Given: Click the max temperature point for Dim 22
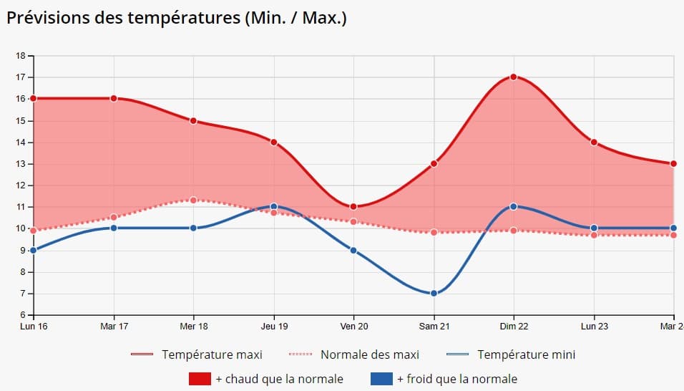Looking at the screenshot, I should (514, 77).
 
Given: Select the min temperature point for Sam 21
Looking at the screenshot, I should (434, 294).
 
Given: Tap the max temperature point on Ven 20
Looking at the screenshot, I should (353, 207).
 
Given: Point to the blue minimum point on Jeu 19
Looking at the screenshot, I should (273, 207).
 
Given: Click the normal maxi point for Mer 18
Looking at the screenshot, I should (193, 200).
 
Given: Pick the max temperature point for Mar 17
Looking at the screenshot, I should (114, 99).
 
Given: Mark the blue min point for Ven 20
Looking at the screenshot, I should (353, 250).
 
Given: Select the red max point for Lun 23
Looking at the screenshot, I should (594, 143).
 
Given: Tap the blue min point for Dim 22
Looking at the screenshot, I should (514, 207).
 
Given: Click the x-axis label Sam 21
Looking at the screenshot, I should (434, 327).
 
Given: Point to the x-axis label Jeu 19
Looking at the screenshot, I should (273, 327).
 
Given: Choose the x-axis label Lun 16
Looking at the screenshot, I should (34, 327).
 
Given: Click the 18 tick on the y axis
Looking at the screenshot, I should (20, 56).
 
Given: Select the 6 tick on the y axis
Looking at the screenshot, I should (22, 315).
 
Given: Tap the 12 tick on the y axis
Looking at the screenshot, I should (20, 185).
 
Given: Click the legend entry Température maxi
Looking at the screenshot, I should (212, 354).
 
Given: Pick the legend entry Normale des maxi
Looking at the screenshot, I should (369, 354).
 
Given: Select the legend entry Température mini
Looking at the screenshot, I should (526, 354).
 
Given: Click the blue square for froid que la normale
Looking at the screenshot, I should (381, 379).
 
